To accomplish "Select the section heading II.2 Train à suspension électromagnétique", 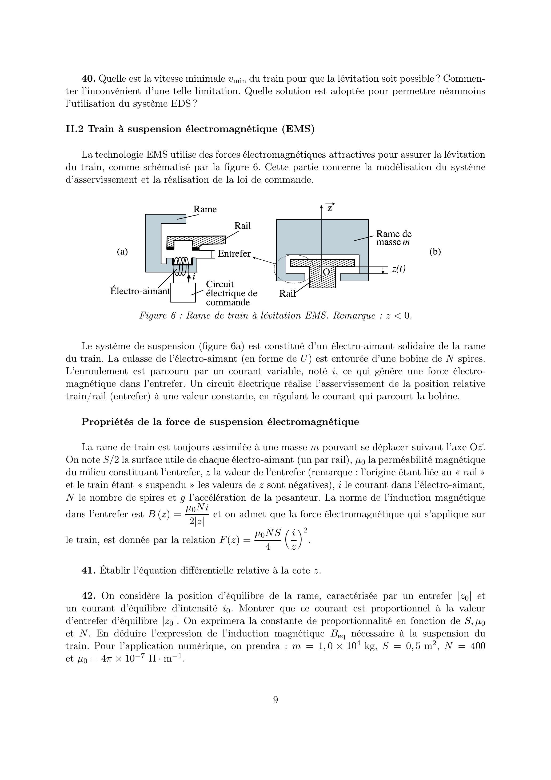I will pos(190,129).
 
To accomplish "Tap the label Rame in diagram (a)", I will pos(205,209).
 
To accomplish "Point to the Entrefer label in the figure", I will pos(234,253).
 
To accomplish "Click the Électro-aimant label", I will pos(140,291).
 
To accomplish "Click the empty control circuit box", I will pos(183,292).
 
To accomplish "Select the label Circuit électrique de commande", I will pos(231,293).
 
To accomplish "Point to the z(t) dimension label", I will pos(398,269).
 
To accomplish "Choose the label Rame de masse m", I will pos(393,238).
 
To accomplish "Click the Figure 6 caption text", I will pos(275,316).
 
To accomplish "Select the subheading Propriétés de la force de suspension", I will pos(220,422).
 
